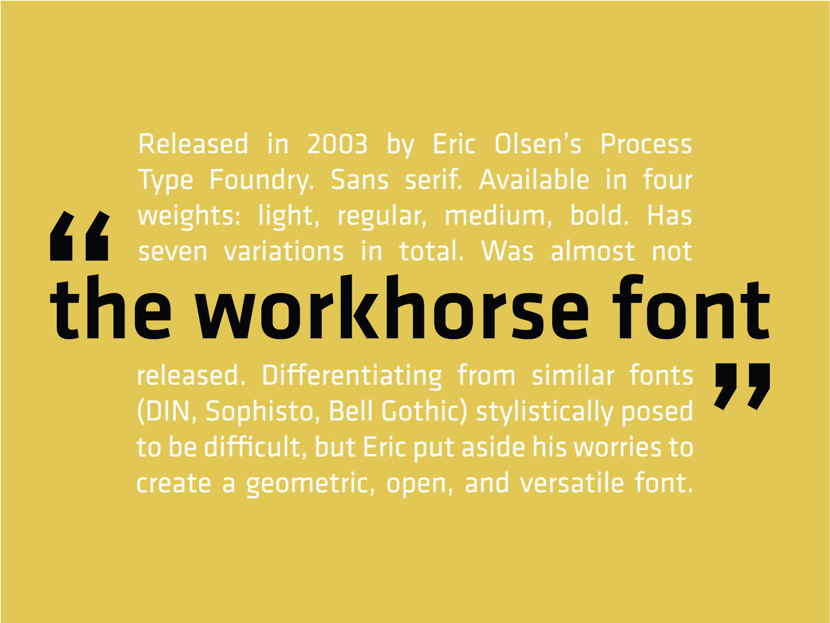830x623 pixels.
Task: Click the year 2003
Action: (x=337, y=144)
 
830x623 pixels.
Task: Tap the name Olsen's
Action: (x=538, y=144)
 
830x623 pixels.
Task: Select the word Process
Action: (x=646, y=144)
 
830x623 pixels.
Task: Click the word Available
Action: (x=534, y=180)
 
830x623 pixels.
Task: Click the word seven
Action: (x=173, y=252)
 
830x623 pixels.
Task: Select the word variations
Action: (x=284, y=251)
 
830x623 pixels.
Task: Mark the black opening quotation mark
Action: (x=80, y=236)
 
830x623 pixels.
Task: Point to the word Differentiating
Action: (x=352, y=375)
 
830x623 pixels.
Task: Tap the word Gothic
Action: (x=425, y=411)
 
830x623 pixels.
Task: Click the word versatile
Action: (x=572, y=483)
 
